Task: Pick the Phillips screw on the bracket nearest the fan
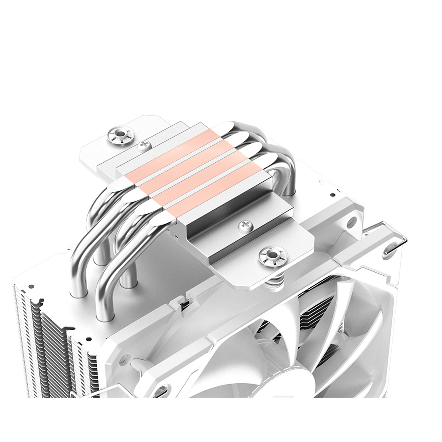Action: (244, 226)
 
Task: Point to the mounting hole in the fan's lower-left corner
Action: (162, 391)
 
